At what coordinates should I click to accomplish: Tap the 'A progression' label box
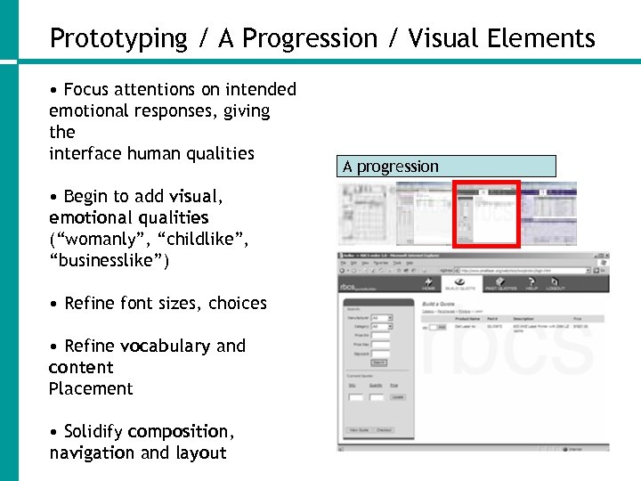[448, 167]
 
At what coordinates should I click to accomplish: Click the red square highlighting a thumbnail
[486, 214]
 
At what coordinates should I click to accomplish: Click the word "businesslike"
[110, 261]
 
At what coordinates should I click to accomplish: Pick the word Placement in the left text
[91, 389]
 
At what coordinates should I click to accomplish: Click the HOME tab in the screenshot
[428, 286]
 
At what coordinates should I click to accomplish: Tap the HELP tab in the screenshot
[532, 286]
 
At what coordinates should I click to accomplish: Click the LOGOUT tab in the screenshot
[556, 286]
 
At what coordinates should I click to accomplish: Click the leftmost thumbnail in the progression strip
[367, 215]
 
